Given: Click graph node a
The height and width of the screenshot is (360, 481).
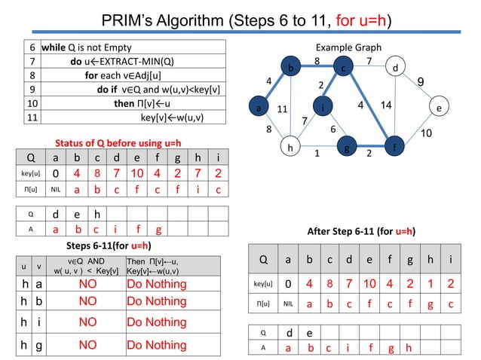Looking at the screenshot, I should click(259, 108).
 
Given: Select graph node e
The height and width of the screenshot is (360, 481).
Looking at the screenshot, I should click(439, 108).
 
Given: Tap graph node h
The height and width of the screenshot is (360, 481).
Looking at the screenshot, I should click(288, 147).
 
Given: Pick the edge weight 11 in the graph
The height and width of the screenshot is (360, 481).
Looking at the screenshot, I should click(283, 109).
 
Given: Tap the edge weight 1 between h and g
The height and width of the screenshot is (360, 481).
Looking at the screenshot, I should click(317, 153).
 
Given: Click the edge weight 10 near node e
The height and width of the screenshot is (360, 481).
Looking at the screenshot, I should click(427, 133).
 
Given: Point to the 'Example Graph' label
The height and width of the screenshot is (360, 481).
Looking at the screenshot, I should click(348, 47).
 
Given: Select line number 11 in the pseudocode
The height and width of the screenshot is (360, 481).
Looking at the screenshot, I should click(32, 117).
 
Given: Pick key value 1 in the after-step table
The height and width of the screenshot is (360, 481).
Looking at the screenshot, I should click(428, 285).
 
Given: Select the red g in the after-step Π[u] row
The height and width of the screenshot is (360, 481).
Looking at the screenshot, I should click(428, 306).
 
